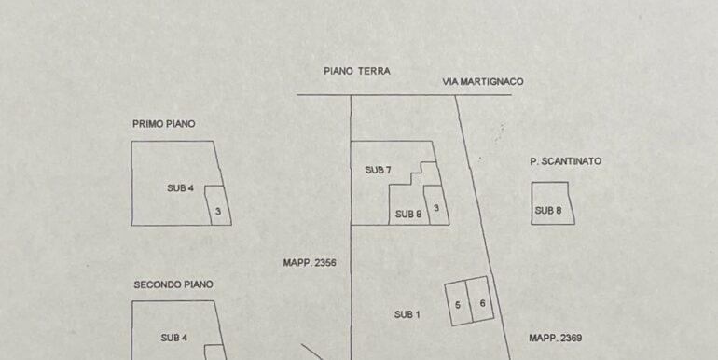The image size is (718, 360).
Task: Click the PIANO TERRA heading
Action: [356, 71]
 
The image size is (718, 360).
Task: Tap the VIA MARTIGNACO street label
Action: [482, 82]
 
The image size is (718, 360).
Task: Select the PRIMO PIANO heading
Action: [164, 123]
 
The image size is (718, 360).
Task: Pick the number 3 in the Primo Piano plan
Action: [217, 212]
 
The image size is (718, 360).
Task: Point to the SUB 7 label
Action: [378, 170]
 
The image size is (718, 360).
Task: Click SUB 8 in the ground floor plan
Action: [407, 214]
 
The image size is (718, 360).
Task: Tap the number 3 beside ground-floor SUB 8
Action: [435, 206]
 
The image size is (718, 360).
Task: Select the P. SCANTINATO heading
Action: [565, 161]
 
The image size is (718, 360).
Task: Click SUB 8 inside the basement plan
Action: [547, 210]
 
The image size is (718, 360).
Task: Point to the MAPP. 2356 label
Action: [309, 263]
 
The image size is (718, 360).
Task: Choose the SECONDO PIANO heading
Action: [173, 284]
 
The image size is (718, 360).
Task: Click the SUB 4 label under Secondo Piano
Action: [174, 338]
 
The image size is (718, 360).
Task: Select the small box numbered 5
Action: [458, 305]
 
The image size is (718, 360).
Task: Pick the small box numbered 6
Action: [482, 303]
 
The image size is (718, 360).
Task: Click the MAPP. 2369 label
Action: [555, 338]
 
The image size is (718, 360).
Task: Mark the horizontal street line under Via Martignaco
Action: [401, 94]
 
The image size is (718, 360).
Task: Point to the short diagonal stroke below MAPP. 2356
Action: [311, 353]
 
